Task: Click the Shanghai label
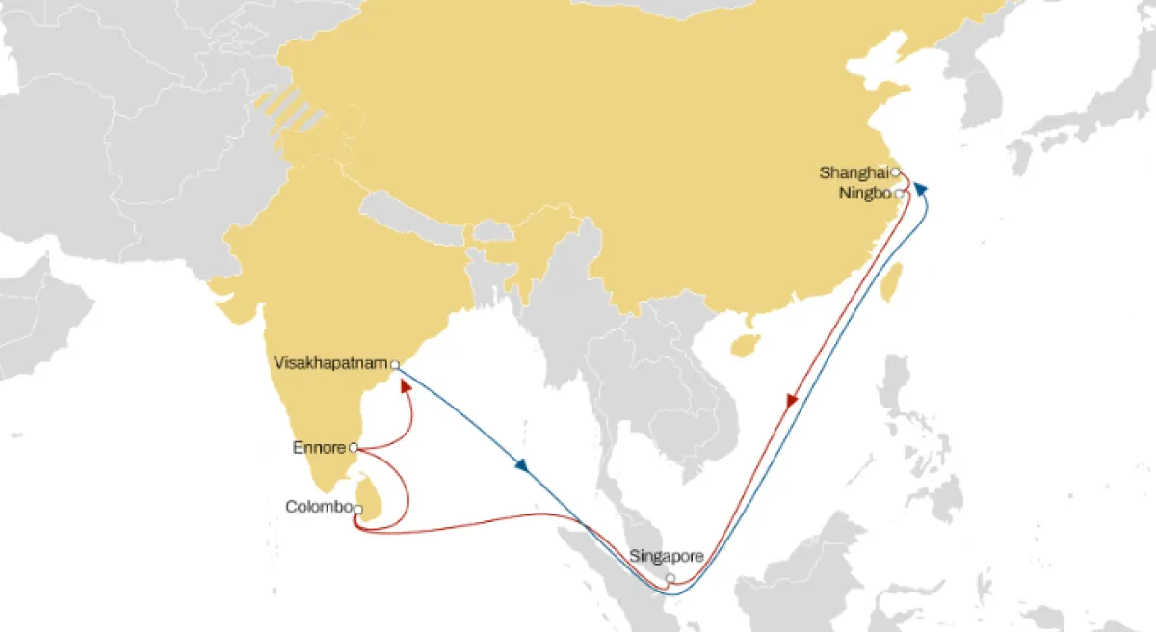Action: (853, 173)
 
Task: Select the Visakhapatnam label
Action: (331, 363)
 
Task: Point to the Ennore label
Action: (319, 447)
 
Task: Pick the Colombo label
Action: (318, 507)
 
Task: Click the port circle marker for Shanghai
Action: (895, 172)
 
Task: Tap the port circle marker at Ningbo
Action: (899, 194)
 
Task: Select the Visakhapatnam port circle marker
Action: (395, 364)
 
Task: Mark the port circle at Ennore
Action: (354, 447)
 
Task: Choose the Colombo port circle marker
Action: (358, 509)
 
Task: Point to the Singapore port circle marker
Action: (670, 579)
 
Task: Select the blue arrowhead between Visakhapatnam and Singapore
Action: (521, 466)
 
